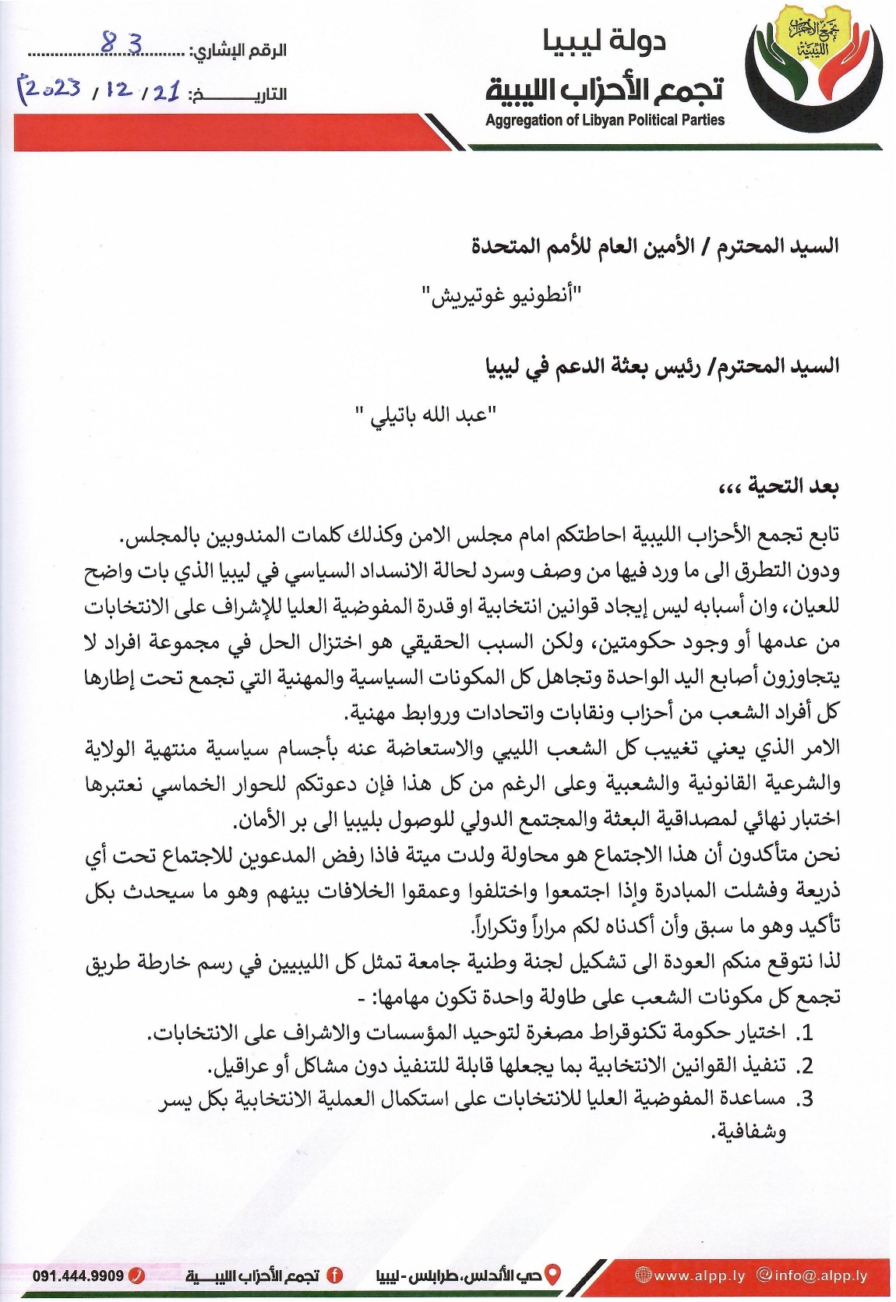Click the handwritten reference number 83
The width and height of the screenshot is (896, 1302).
(x=122, y=45)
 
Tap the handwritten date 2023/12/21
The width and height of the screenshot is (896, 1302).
(x=100, y=91)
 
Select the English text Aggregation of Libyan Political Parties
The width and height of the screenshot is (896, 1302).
(x=605, y=120)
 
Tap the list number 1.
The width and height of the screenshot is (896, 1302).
(x=806, y=1033)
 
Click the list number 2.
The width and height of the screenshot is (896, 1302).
(x=805, y=1065)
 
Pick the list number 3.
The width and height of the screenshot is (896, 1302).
(x=805, y=1099)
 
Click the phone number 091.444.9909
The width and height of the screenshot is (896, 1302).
(x=78, y=1276)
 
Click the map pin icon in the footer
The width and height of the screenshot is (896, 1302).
(x=552, y=1275)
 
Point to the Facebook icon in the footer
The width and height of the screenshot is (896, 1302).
(x=335, y=1276)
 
